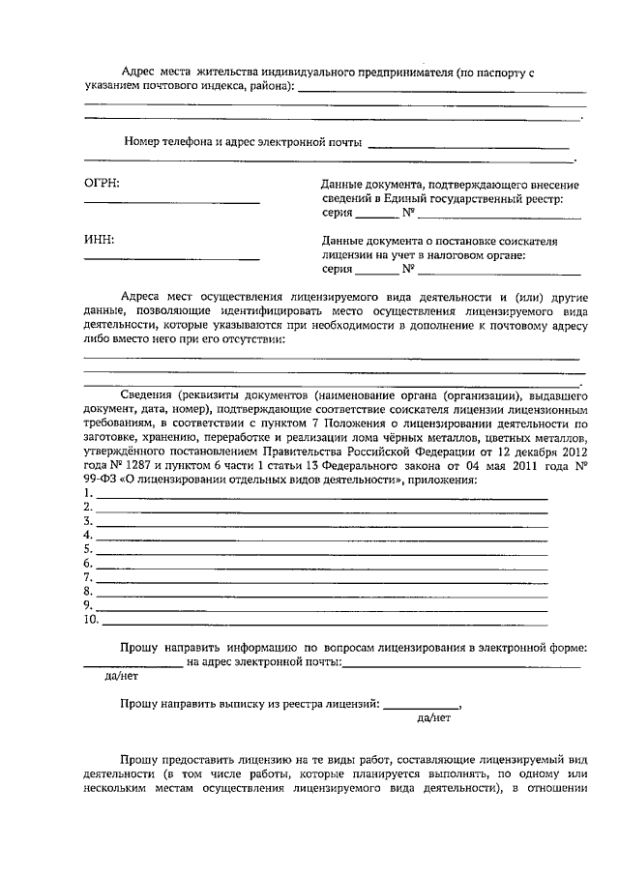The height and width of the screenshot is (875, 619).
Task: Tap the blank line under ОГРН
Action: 172,203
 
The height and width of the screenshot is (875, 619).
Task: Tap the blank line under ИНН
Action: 172,259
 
